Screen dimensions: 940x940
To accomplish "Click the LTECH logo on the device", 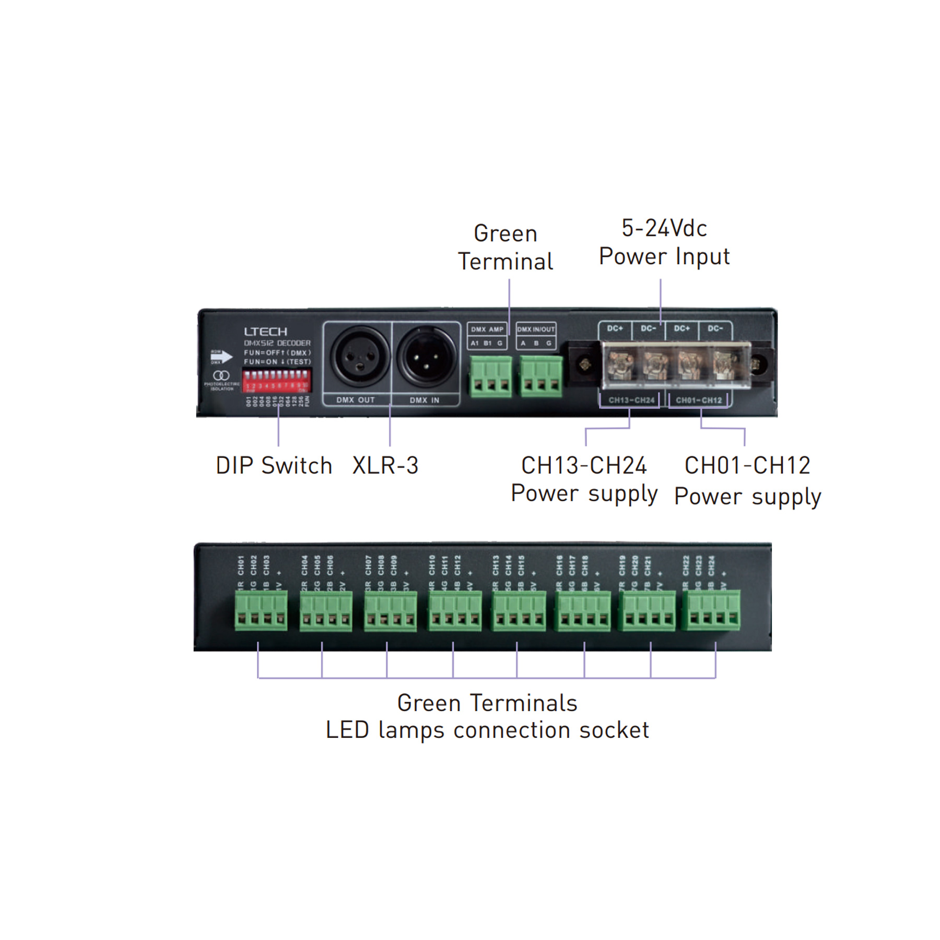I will click(265, 332).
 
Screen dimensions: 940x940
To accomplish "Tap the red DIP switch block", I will click(277, 380).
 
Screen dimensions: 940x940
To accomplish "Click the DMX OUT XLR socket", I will click(360, 357).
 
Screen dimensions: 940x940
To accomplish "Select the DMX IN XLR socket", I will click(426, 357).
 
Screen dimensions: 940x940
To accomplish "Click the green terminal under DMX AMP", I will click(490, 377).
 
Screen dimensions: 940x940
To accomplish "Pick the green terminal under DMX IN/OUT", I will click(540, 377).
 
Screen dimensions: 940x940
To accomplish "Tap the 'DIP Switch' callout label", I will click(274, 465).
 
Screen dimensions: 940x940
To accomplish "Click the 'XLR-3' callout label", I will click(385, 465).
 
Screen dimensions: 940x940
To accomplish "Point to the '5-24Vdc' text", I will click(664, 229).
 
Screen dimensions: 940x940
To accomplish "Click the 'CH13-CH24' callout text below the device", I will click(584, 465).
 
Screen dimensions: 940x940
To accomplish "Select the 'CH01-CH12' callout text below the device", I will click(747, 465).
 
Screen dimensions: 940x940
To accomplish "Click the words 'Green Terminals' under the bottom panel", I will click(487, 703).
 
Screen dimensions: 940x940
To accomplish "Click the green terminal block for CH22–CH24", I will click(713, 611).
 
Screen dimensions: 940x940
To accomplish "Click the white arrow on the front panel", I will click(221, 357).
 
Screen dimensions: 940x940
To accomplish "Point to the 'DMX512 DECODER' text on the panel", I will click(277, 343).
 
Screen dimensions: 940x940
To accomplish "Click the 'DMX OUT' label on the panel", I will click(355, 400).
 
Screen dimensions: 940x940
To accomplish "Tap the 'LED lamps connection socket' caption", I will click(487, 730).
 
